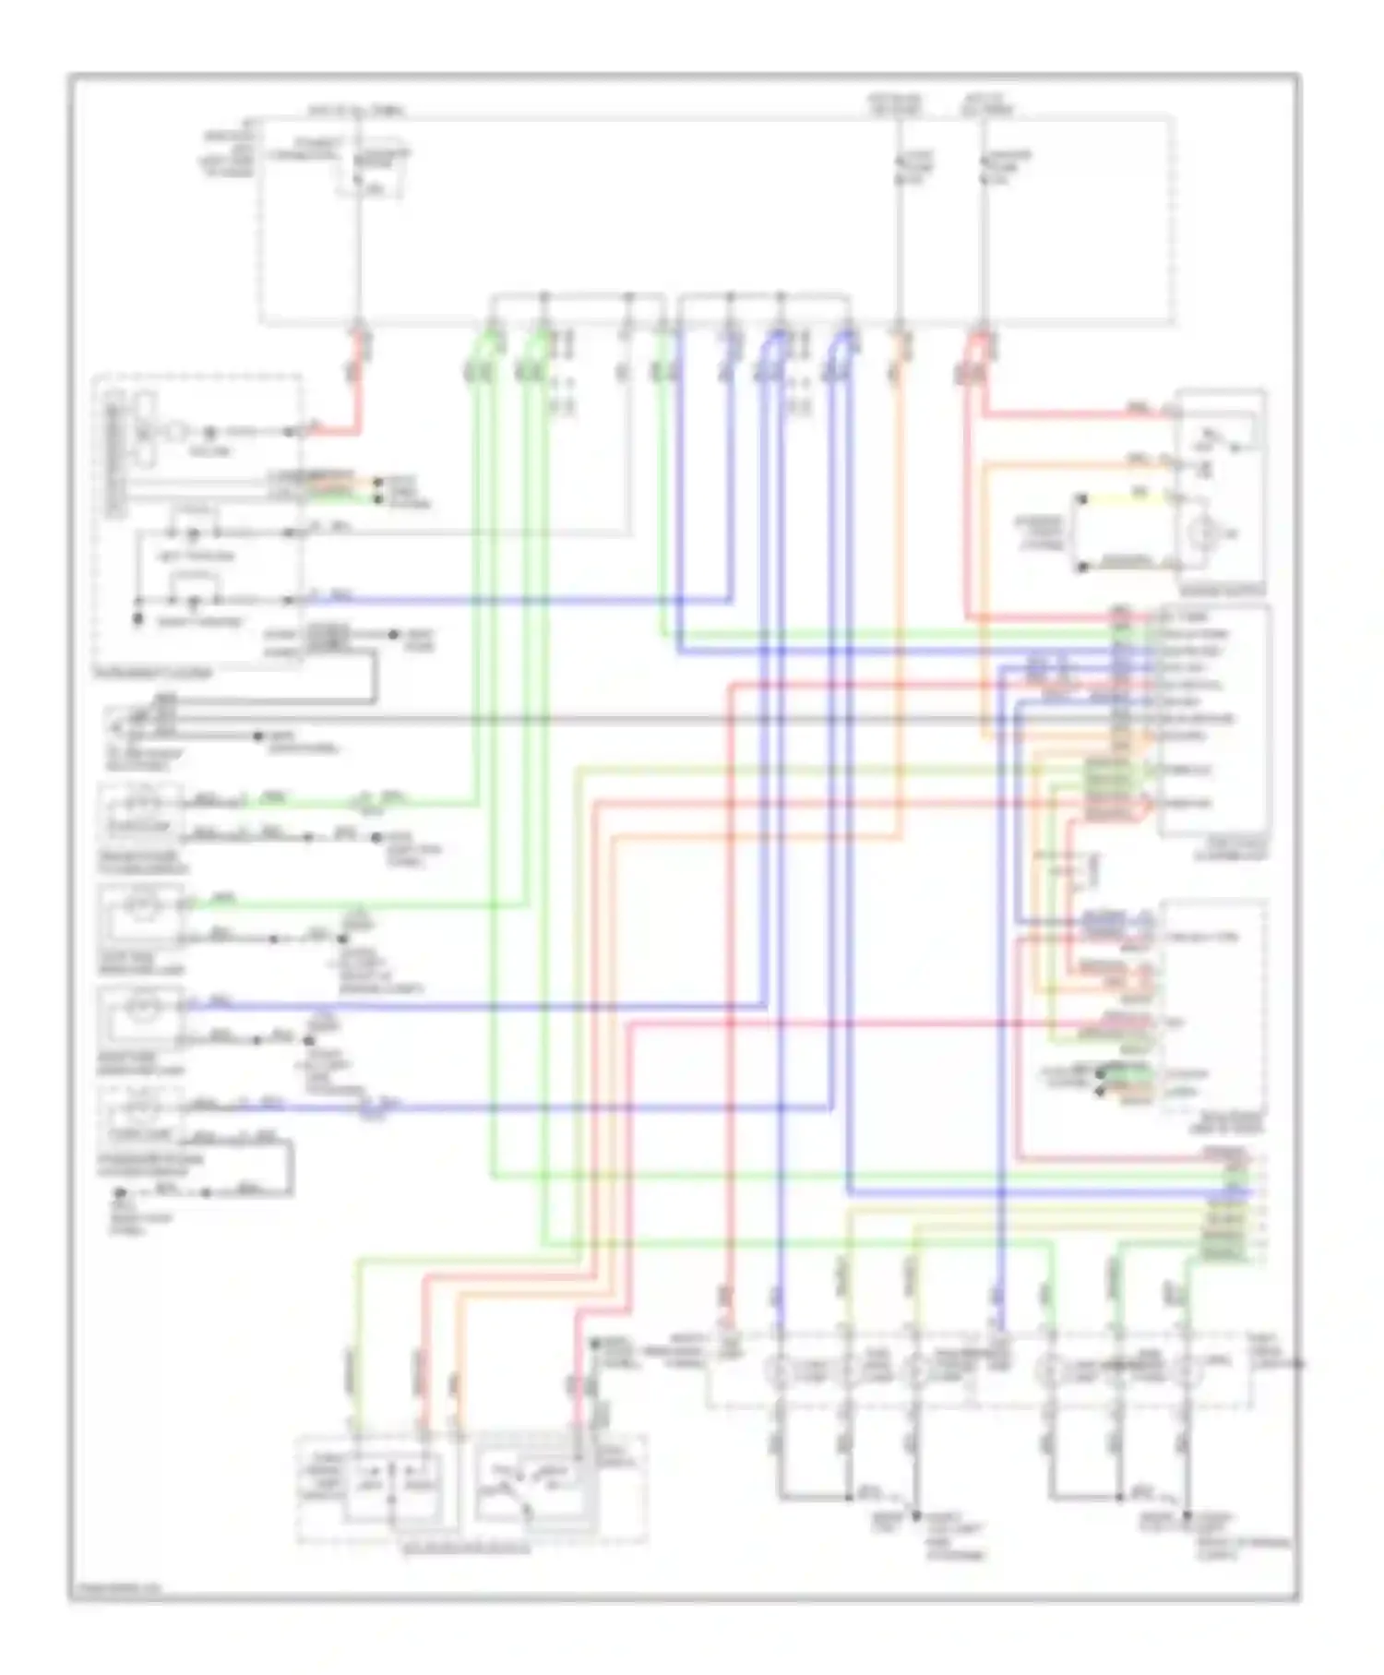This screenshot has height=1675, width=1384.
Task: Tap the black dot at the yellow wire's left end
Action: (x=1082, y=499)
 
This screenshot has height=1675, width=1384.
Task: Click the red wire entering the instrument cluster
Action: (x=332, y=430)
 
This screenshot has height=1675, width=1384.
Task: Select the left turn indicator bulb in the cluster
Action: (x=193, y=533)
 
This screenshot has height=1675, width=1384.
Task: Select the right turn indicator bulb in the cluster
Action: (x=193, y=602)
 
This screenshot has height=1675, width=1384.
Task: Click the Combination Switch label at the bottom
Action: (x=466, y=1548)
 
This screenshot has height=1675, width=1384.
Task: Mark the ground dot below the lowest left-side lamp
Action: (x=120, y=1193)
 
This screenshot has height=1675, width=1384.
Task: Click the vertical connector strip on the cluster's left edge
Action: (x=114, y=452)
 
